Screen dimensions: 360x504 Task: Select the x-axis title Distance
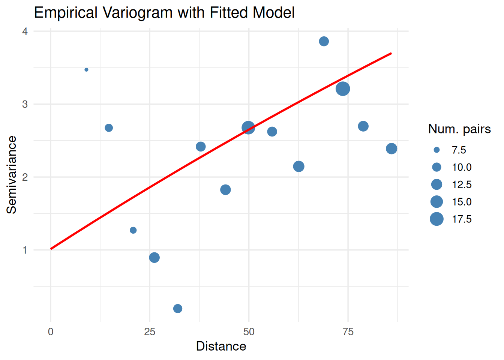click(x=221, y=346)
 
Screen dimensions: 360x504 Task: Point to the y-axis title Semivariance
click(x=12, y=175)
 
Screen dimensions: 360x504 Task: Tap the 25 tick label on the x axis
click(x=150, y=331)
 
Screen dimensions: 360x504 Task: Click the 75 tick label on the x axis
click(x=348, y=331)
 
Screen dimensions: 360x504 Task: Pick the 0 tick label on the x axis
click(x=51, y=331)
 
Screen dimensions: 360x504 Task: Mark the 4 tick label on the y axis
click(x=25, y=31)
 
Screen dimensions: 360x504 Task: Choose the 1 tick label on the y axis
click(x=25, y=250)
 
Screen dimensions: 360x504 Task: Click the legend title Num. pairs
click(x=459, y=129)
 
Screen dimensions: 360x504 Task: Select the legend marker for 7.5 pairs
click(x=436, y=150)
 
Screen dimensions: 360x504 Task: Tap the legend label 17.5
click(x=462, y=219)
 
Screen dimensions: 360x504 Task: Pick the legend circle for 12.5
click(x=436, y=184)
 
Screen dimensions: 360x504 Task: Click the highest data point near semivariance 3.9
click(x=324, y=41)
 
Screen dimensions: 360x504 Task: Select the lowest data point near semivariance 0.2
click(x=178, y=309)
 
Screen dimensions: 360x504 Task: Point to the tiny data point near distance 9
click(x=86, y=70)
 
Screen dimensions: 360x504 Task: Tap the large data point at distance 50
click(x=248, y=128)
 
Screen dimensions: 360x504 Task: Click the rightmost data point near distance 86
click(x=391, y=149)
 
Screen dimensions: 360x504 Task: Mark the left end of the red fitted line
click(x=51, y=249)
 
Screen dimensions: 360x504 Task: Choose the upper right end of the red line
click(x=391, y=53)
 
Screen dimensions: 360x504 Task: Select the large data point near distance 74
click(x=343, y=89)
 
